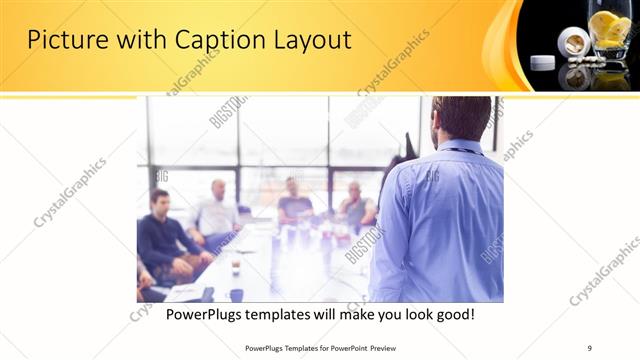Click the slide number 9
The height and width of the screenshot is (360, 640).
click(589, 347)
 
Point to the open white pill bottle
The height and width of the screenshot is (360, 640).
click(574, 44)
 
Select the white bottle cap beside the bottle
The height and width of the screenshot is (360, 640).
click(542, 62)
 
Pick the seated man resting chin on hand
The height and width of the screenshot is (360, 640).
click(355, 205)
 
